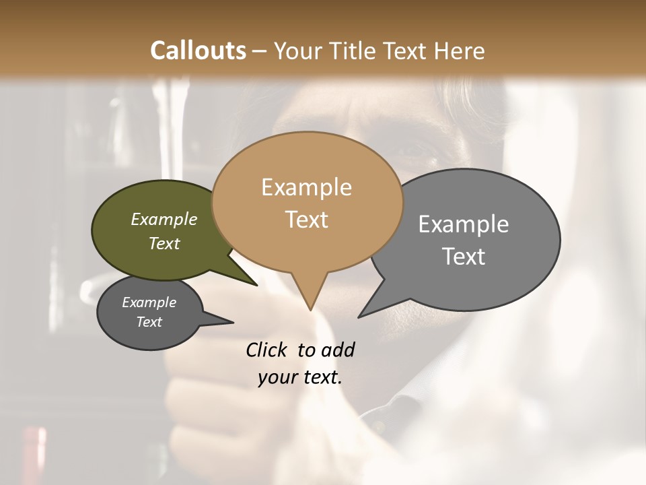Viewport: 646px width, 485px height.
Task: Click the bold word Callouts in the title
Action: pyautogui.click(x=198, y=51)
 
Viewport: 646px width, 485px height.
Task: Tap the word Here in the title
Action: pyautogui.click(x=460, y=51)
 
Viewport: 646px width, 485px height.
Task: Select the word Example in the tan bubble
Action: pyautogui.click(x=306, y=187)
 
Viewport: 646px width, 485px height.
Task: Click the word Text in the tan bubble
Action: pyautogui.click(x=306, y=220)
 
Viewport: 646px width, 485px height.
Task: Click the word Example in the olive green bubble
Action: pyautogui.click(x=164, y=220)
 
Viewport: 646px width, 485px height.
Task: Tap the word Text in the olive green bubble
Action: pyautogui.click(x=164, y=244)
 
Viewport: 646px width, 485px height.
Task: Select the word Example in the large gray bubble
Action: pyautogui.click(x=463, y=224)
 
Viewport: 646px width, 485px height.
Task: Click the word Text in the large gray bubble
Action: pyautogui.click(x=463, y=257)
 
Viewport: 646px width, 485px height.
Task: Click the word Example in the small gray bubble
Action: pyautogui.click(x=149, y=302)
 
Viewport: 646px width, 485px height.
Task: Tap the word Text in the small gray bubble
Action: pyautogui.click(x=149, y=322)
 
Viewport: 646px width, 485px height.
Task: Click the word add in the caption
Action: pyautogui.click(x=337, y=350)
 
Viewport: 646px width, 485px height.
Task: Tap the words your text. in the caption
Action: pyautogui.click(x=299, y=377)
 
